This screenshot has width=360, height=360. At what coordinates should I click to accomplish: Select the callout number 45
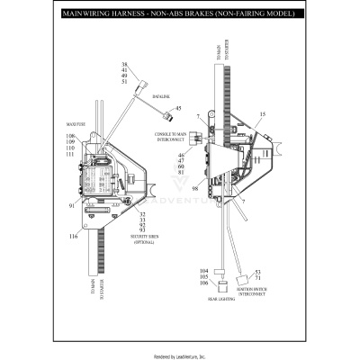179,109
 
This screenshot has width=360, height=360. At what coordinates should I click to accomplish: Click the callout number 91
72,206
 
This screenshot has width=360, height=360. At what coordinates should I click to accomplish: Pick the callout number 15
263,114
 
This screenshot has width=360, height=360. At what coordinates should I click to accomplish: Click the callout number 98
193,189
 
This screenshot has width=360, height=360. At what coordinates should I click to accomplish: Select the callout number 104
203,271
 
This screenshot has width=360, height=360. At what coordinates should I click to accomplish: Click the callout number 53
257,272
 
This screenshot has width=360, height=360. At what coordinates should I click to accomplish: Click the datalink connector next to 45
166,114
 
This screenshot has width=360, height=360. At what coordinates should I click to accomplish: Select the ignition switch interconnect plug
243,275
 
